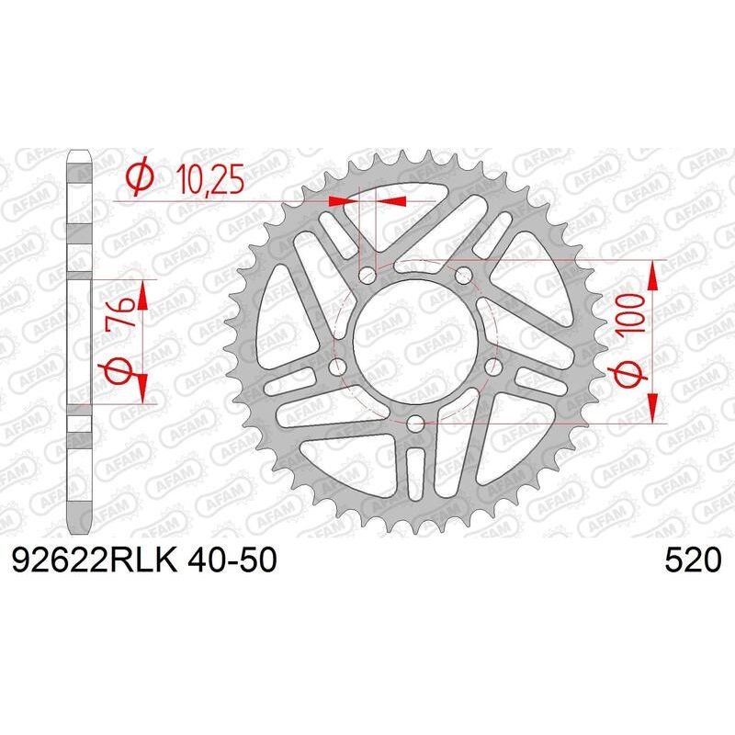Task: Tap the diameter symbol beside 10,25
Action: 140,179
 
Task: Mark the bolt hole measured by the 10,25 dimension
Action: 368,273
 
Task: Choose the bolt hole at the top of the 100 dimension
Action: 463,273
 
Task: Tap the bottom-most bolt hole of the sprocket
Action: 415,423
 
